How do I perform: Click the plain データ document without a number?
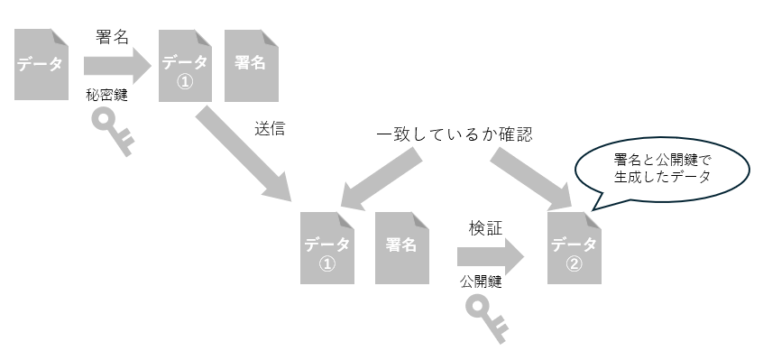point(41,64)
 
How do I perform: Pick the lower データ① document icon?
point(326,247)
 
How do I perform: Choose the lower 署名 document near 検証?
point(400,247)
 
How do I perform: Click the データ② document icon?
point(574,247)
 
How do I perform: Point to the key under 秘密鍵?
point(115,130)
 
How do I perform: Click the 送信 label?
point(271,128)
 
